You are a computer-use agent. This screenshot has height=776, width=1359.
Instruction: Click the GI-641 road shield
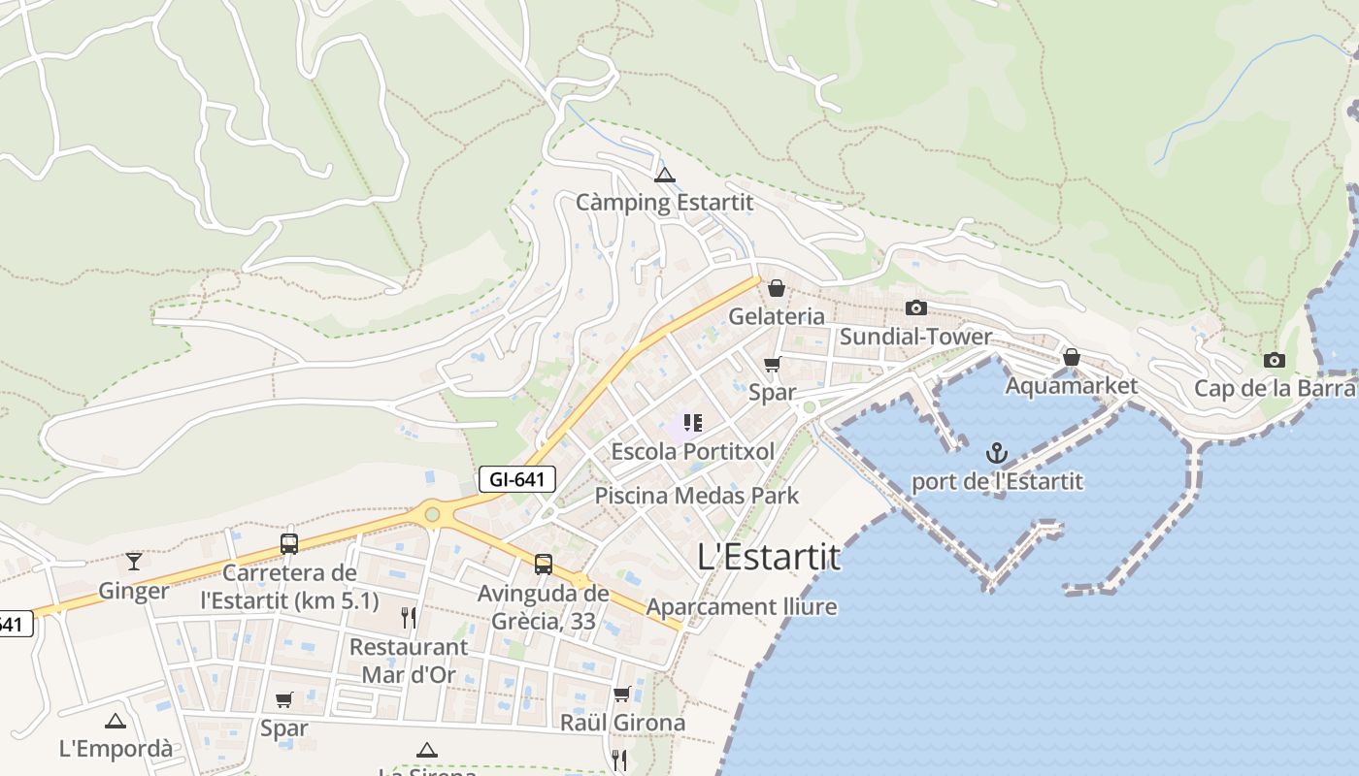click(x=517, y=478)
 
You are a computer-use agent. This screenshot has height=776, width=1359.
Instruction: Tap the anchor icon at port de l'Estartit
click(x=997, y=453)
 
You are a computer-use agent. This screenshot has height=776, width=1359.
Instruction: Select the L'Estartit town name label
click(x=769, y=557)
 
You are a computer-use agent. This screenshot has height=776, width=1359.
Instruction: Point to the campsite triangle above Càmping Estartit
click(x=665, y=176)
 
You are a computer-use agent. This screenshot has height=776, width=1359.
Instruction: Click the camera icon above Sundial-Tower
click(x=915, y=308)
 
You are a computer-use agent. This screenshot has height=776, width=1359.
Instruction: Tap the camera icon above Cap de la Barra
click(x=1275, y=361)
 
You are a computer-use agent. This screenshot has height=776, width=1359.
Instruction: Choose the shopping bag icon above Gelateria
click(x=777, y=288)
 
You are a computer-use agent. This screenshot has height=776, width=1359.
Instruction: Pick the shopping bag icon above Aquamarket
click(x=1072, y=358)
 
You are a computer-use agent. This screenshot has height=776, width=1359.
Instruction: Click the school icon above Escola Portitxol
click(x=692, y=423)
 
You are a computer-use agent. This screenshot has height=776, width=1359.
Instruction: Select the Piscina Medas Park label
click(x=697, y=496)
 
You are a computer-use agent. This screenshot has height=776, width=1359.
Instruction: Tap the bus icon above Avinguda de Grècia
click(x=544, y=565)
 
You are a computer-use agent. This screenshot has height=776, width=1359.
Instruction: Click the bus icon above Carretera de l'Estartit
click(x=289, y=544)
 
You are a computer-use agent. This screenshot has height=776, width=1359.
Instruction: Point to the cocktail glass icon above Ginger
click(x=134, y=562)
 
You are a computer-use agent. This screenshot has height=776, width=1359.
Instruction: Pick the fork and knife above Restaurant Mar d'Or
click(x=409, y=618)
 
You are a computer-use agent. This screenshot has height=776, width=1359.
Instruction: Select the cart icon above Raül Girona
click(x=622, y=695)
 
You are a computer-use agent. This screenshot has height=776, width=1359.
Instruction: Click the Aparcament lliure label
click(x=742, y=607)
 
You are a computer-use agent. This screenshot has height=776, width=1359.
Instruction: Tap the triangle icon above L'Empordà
click(x=116, y=721)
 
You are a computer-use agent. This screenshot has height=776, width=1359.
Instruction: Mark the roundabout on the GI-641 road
click(x=432, y=514)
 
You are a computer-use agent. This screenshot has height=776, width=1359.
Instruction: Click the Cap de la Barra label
click(x=1275, y=388)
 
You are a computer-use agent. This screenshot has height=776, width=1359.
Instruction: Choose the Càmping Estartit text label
click(x=665, y=203)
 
